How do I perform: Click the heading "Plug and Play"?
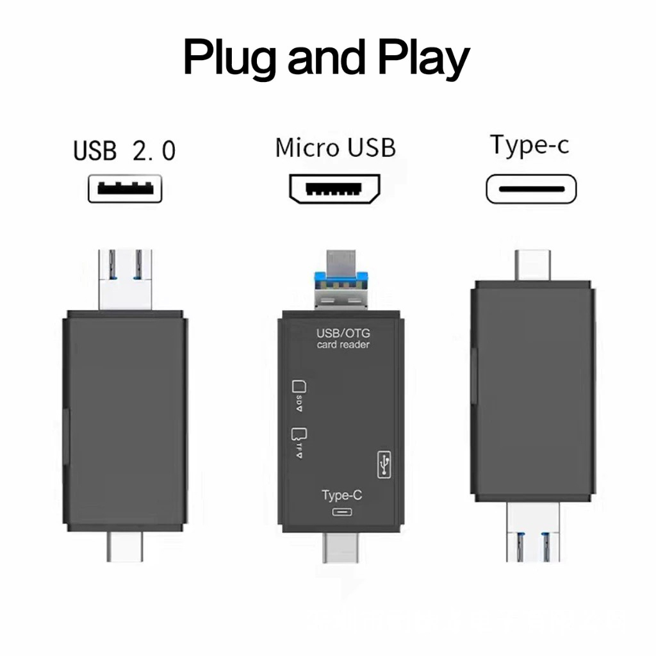click(327, 59)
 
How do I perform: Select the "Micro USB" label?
click(335, 147)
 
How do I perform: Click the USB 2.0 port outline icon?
click(125, 189)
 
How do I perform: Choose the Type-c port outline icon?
click(531, 190)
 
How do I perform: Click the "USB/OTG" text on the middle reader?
click(343, 334)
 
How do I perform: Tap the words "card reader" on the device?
click(343, 345)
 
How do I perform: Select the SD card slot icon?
click(298, 387)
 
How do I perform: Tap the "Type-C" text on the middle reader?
click(342, 495)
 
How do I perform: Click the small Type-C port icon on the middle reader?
click(342, 512)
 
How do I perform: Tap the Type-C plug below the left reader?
click(128, 546)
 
